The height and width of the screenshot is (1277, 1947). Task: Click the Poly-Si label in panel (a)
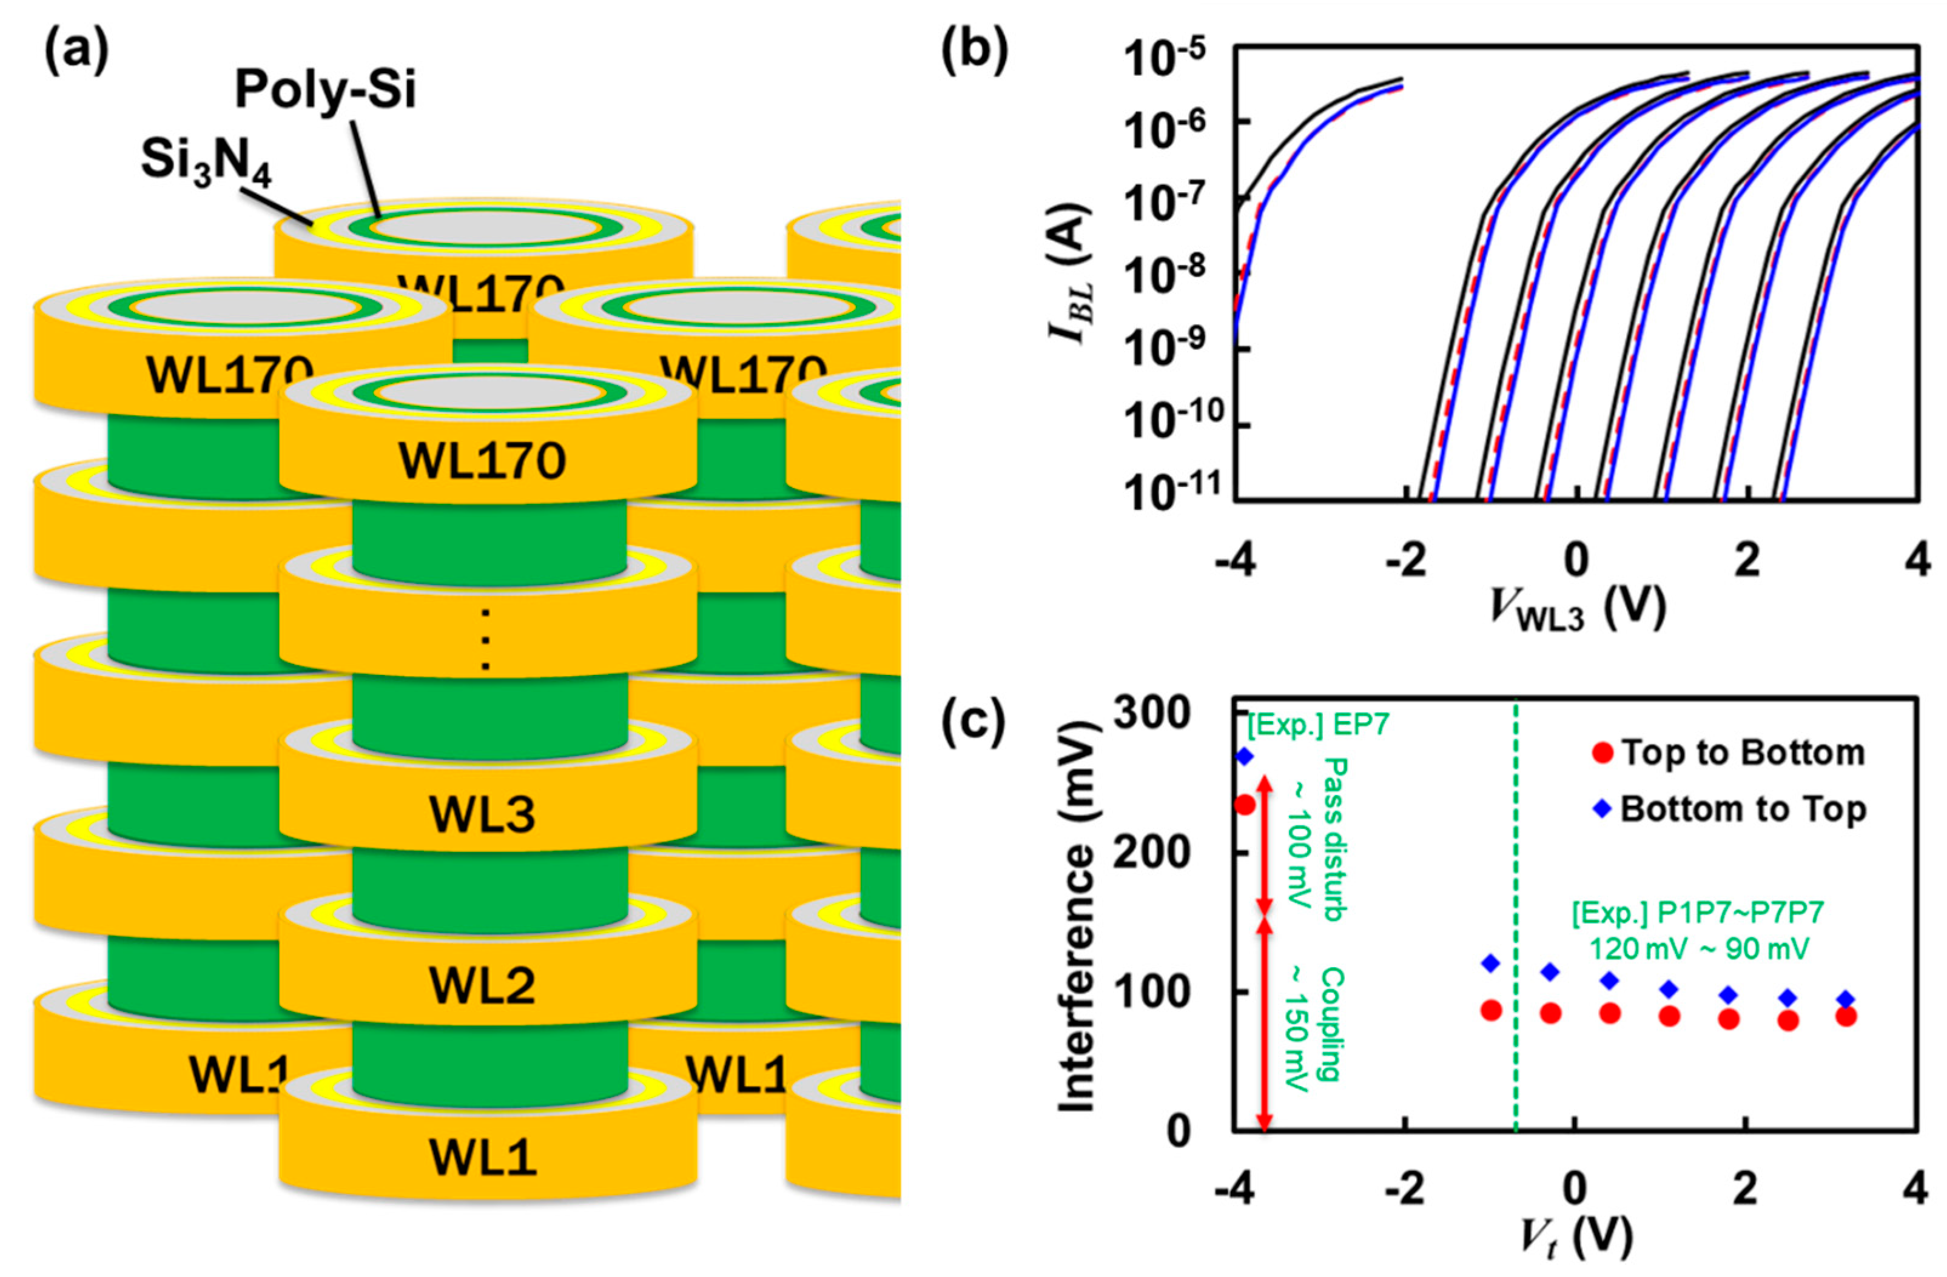tap(326, 89)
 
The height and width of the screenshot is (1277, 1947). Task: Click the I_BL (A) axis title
tap(1071, 275)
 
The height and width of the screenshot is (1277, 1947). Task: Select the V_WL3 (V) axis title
tap(1577, 609)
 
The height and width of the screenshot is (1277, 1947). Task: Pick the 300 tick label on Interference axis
tap(1152, 713)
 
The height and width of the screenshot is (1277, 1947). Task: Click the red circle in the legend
tap(1602, 752)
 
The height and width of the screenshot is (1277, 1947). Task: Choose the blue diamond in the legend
tap(1602, 809)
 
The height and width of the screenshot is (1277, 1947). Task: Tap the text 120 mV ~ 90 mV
tap(1700, 949)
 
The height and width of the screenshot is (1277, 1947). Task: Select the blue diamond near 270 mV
tap(1244, 757)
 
